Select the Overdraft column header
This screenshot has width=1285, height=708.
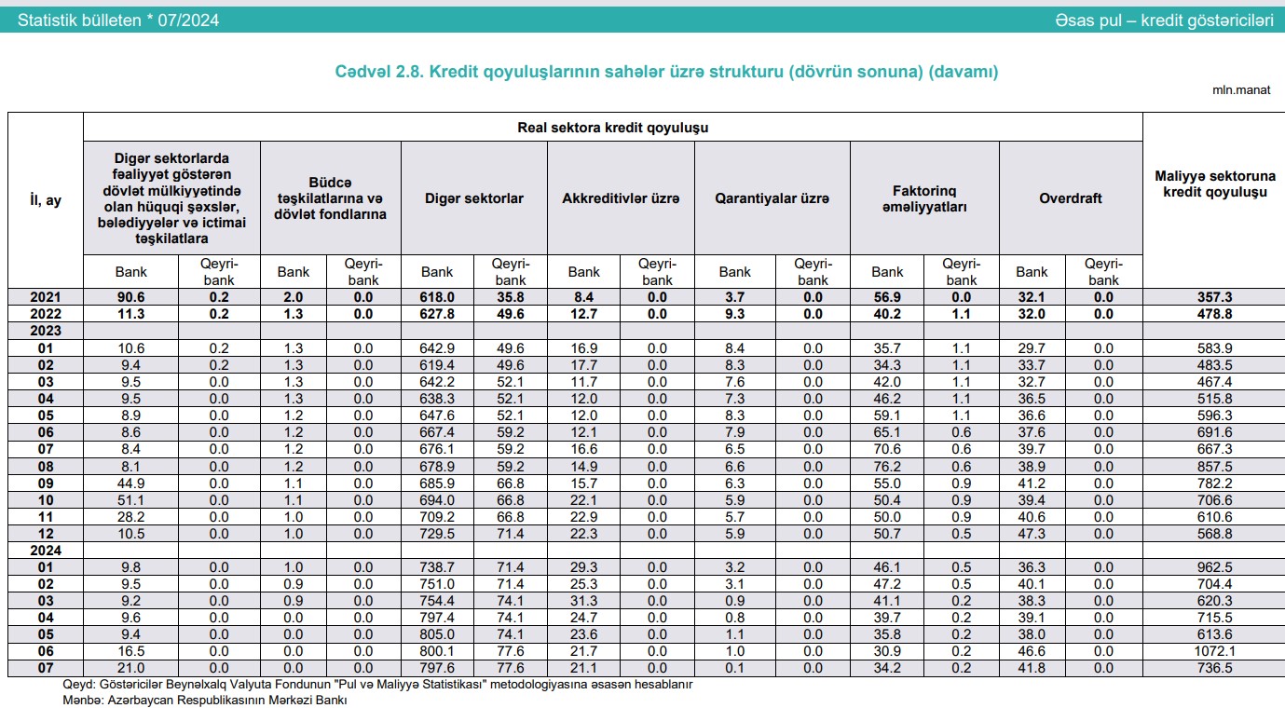pyautogui.click(x=1070, y=198)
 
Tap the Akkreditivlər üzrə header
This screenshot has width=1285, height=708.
pyautogui.click(x=621, y=198)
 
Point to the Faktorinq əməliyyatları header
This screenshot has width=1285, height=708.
pyautogui.click(x=924, y=198)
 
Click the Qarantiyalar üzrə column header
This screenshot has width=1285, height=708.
pyautogui.click(x=772, y=198)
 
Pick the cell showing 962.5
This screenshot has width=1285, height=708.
pyautogui.click(x=1213, y=566)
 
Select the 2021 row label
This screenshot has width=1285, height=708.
pyautogui.click(x=45, y=297)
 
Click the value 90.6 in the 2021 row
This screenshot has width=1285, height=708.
pyautogui.click(x=130, y=297)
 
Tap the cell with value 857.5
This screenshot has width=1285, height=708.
pyautogui.click(x=1213, y=466)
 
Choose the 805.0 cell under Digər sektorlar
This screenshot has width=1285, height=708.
pyautogui.click(x=437, y=634)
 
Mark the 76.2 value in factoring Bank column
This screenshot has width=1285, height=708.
pyautogui.click(x=887, y=466)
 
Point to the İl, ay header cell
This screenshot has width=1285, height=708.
pyautogui.click(x=45, y=199)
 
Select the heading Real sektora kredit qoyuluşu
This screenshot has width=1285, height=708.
pyautogui.click(x=612, y=128)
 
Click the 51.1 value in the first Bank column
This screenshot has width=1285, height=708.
pyautogui.click(x=130, y=499)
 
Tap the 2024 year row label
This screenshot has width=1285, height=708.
pyautogui.click(x=45, y=550)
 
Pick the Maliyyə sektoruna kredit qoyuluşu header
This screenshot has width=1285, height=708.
pyautogui.click(x=1213, y=184)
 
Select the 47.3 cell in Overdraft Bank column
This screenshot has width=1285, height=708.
pyautogui.click(x=1032, y=533)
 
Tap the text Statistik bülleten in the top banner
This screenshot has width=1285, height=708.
pyautogui.click(x=79, y=20)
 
